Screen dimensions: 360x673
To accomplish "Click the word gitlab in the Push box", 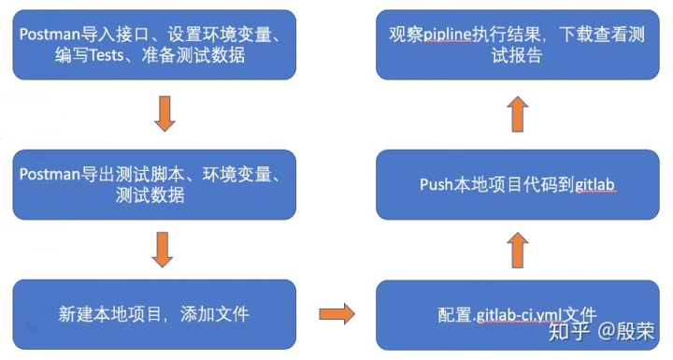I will [594, 185].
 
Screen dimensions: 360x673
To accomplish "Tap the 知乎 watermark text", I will [568, 331].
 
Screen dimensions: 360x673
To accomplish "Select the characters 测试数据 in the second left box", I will [155, 195].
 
